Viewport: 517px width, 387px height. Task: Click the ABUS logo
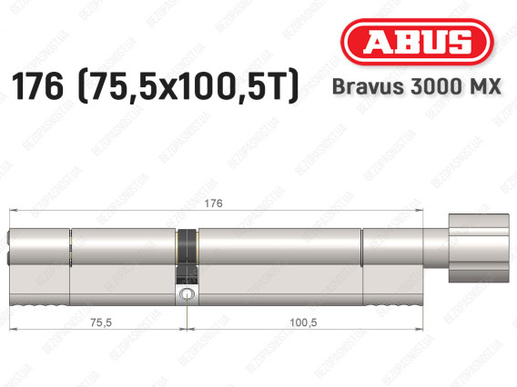pos(417,42)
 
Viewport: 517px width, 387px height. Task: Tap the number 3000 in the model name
pos(434,87)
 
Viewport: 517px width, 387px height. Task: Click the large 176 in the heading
pos(37,86)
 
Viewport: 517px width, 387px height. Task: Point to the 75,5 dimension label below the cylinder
pos(101,322)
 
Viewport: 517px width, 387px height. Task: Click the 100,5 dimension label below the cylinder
pos(303,322)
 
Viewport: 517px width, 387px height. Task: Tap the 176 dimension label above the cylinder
pos(213,203)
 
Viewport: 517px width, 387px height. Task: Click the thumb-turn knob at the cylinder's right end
pos(479,248)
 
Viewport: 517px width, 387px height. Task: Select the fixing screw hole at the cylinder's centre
pos(187,293)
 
